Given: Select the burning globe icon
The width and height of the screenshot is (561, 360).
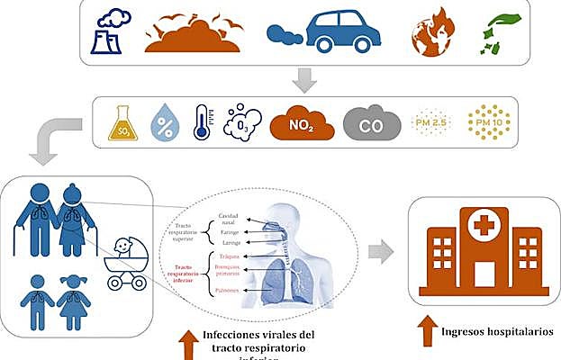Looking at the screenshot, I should [x=431, y=35].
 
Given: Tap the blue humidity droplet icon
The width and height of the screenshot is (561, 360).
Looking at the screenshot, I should [x=163, y=122].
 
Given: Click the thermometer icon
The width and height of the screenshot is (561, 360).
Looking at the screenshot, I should [x=202, y=121].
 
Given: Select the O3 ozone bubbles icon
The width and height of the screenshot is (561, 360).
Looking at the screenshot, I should [x=242, y=122].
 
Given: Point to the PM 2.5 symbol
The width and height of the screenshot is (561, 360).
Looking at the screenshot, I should [x=426, y=123].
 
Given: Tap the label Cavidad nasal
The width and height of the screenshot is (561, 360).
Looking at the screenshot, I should [x=230, y=217].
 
